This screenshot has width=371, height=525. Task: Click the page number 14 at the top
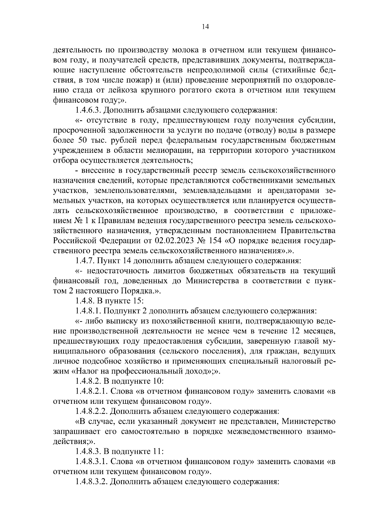(x=205, y=27)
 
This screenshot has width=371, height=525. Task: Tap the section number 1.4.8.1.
(x=88, y=311)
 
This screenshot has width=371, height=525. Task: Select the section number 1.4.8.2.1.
(x=91, y=391)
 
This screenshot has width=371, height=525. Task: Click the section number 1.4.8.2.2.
(x=91, y=412)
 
